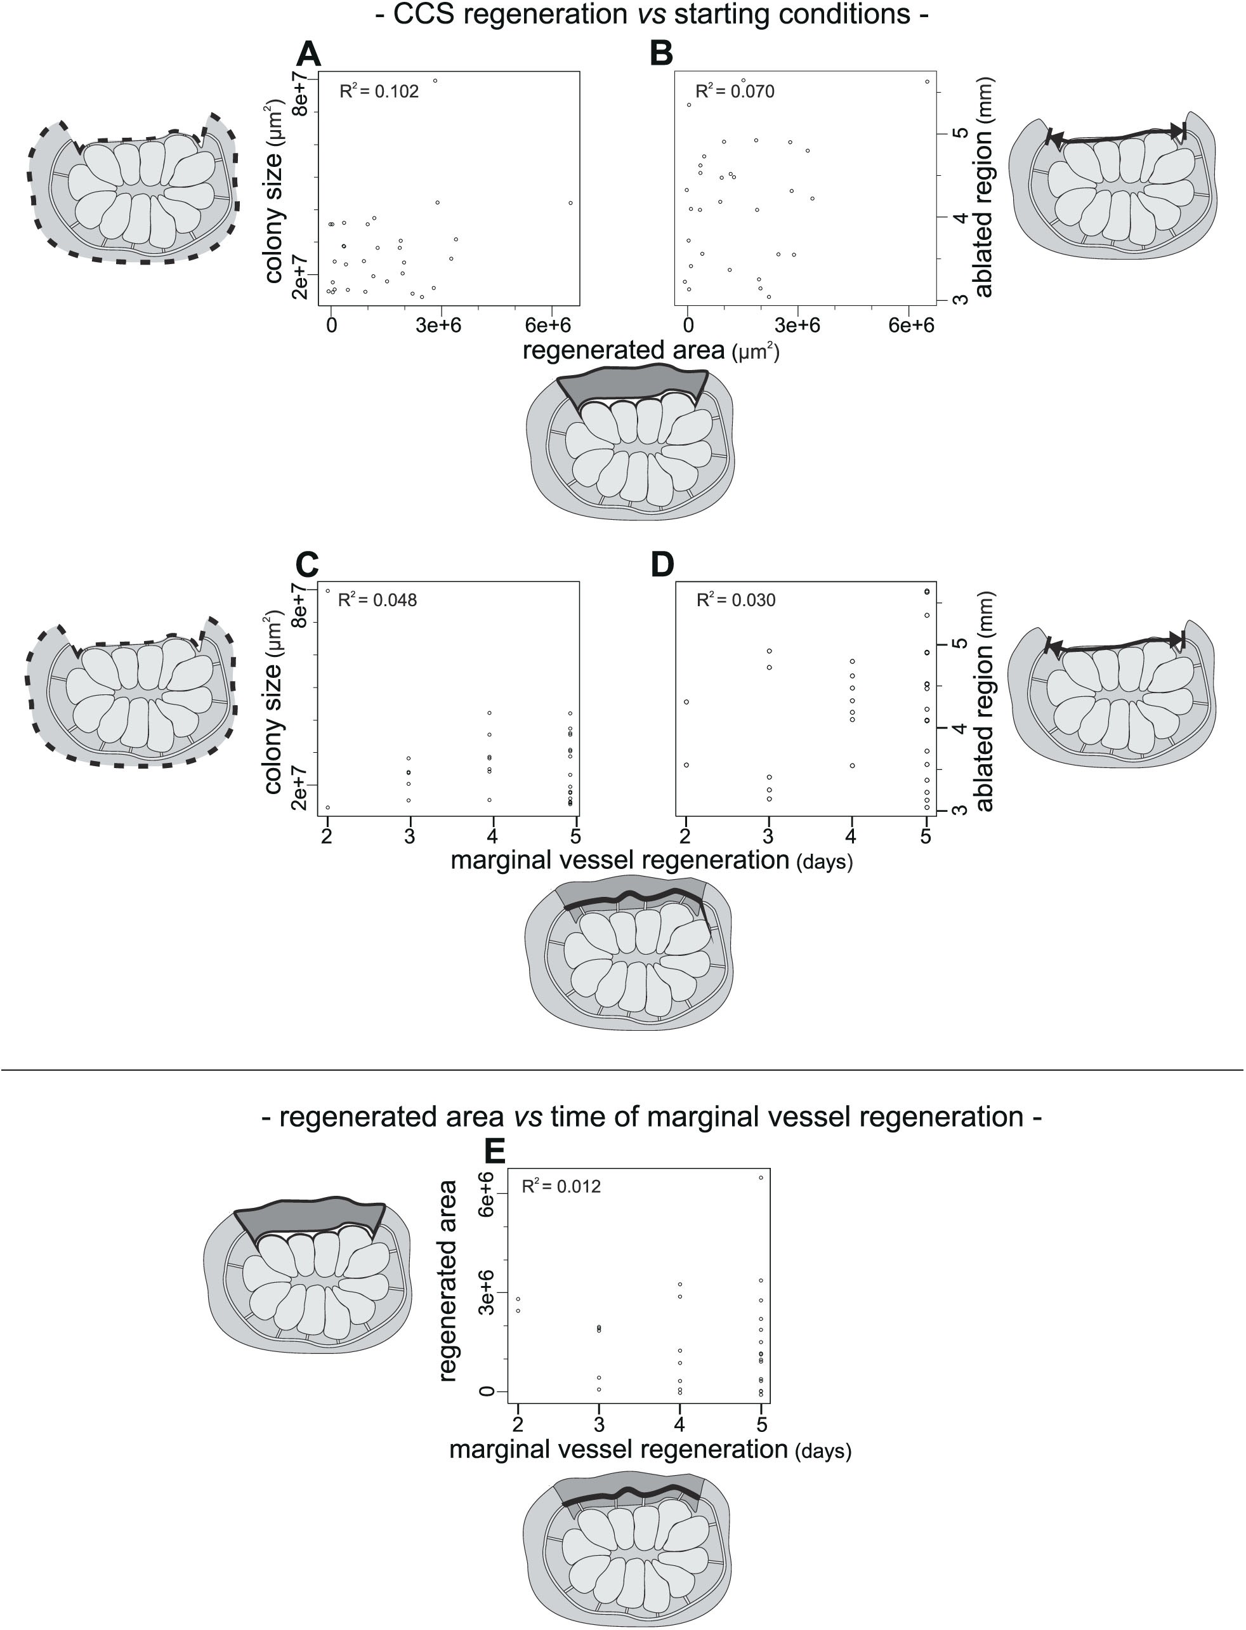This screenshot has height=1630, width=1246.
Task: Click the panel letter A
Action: pyautogui.click(x=308, y=54)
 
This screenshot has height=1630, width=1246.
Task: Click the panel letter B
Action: pyautogui.click(x=661, y=54)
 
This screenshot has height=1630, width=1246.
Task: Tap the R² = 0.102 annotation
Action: pyautogui.click(x=379, y=91)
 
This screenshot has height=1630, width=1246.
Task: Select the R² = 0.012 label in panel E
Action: pyautogui.click(x=561, y=1186)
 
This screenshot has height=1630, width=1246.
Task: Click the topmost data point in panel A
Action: pyautogui.click(x=435, y=81)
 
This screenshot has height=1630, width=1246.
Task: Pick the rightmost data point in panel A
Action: pyautogui.click(x=570, y=202)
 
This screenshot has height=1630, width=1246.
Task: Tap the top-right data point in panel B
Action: pyautogui.click(x=927, y=82)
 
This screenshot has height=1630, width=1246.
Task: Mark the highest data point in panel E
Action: pyautogui.click(x=761, y=1177)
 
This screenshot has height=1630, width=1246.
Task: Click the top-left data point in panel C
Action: pyautogui.click(x=328, y=590)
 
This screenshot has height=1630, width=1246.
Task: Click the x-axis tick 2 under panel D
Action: pyautogui.click(x=686, y=836)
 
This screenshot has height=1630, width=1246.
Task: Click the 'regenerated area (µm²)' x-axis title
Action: pyautogui.click(x=650, y=350)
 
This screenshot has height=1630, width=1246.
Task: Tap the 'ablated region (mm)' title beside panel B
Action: pyautogui.click(x=983, y=187)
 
